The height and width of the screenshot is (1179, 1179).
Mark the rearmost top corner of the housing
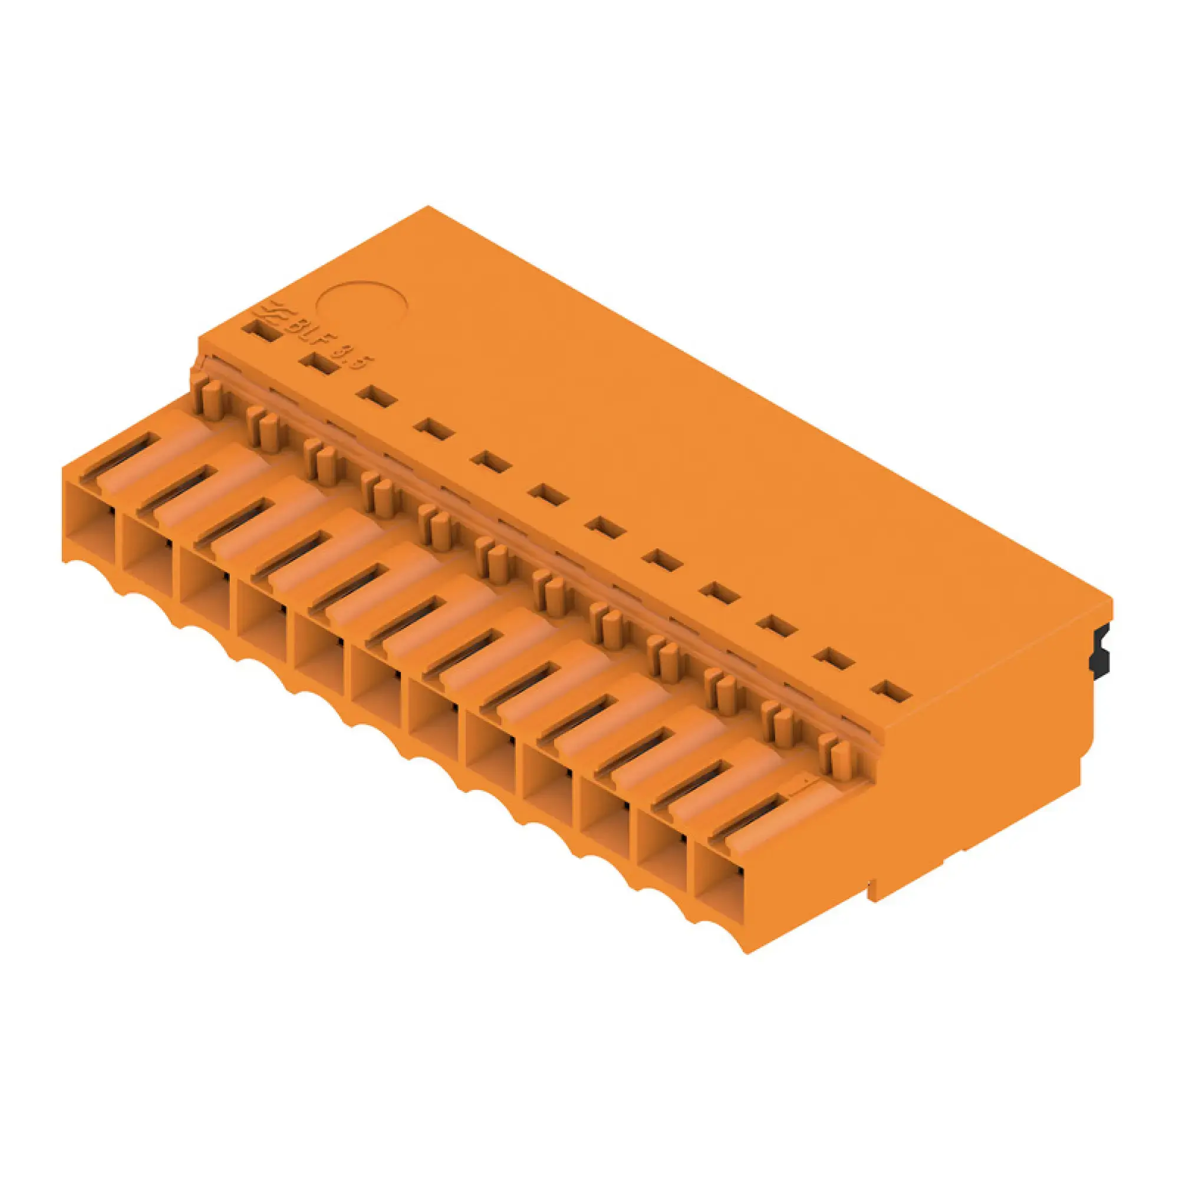429,207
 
